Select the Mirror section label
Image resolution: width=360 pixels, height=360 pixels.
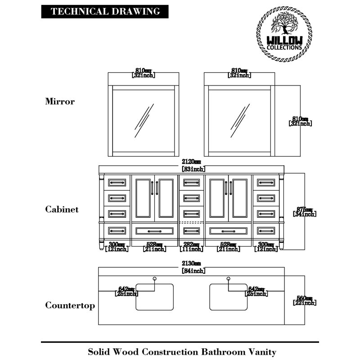coord(60,101)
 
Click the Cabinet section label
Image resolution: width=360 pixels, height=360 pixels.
coord(62,209)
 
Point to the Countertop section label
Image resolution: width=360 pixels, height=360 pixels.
coord(70,306)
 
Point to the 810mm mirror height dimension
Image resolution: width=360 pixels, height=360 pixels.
coord(300,121)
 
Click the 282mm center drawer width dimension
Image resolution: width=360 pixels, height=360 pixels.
coord(191,247)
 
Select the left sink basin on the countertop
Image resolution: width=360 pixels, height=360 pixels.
coord(155,297)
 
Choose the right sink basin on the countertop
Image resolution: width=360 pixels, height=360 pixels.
coord(229,297)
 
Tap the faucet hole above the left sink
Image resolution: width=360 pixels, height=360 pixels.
coord(154,279)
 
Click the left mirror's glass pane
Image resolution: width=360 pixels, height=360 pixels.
coord(144,121)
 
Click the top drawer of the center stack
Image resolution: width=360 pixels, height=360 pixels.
coord(191,182)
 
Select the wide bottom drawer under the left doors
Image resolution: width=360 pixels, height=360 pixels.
coord(154,231)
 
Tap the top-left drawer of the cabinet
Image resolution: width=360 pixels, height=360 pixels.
coord(117,182)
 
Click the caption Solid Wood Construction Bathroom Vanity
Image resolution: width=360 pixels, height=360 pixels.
coord(181,351)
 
